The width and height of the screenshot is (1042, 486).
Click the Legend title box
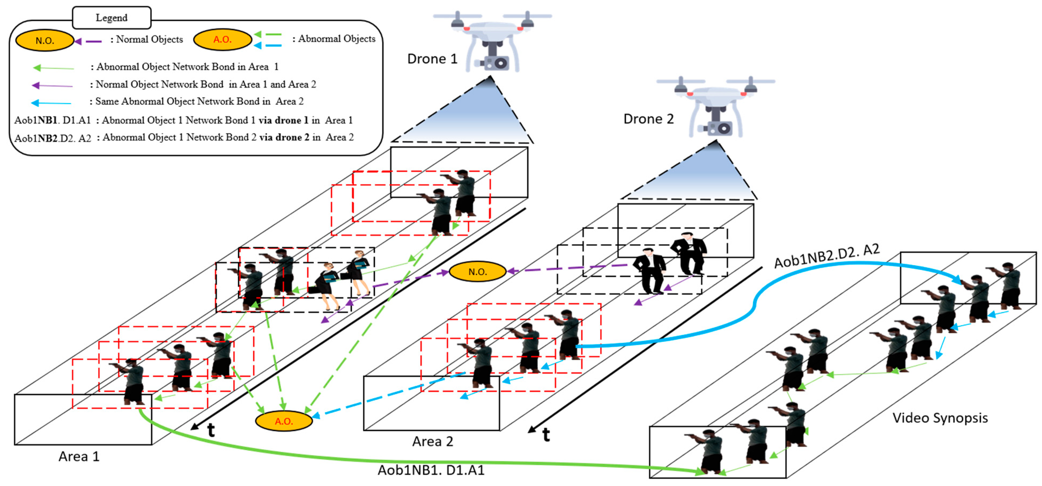(111, 18)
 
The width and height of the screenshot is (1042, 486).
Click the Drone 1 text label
(432, 59)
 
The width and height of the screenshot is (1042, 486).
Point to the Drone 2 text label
(648, 119)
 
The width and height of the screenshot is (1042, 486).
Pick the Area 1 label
(79, 456)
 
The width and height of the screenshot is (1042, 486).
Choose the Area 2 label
(433, 441)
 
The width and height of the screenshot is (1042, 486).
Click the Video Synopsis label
(940, 418)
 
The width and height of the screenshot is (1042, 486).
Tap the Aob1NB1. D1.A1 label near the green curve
(431, 470)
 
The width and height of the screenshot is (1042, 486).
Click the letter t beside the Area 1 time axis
(211, 430)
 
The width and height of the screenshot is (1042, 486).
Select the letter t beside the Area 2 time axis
(546, 435)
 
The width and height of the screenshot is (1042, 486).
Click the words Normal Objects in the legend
(149, 39)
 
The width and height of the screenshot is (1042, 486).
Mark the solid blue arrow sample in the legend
(51, 103)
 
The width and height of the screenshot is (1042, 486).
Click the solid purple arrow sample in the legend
(52, 85)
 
